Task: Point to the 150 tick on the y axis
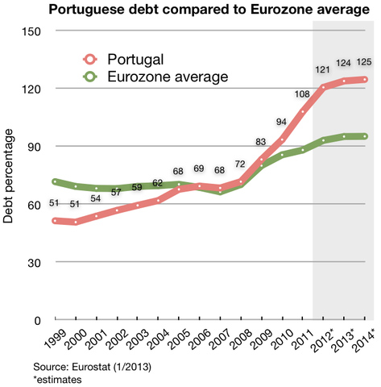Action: [35, 31]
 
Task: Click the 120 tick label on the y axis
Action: [35, 88]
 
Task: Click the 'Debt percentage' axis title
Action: [10, 175]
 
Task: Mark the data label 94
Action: [282, 122]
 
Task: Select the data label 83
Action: [261, 142]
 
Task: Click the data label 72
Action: [239, 164]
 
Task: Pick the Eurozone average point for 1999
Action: [55, 181]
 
